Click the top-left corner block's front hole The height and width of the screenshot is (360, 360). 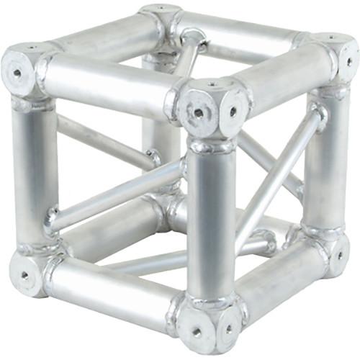(x=16, y=72)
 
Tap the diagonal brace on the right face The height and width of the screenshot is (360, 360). (x=277, y=176)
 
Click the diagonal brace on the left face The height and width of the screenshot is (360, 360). (x=115, y=191)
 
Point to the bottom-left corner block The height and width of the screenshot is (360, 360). (x=27, y=271)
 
